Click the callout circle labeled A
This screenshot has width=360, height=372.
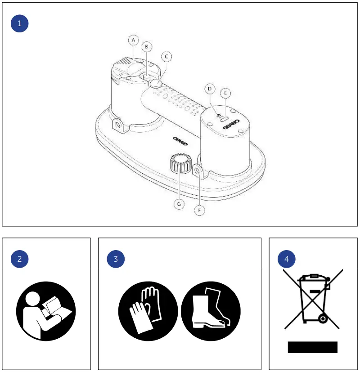[x=133, y=40]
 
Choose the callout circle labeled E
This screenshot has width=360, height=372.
[x=226, y=93]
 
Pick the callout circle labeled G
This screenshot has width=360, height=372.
[x=179, y=204]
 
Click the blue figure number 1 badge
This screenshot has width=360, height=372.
[x=19, y=23]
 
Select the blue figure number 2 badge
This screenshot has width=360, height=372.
[x=19, y=259]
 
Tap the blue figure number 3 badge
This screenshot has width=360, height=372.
[x=116, y=259]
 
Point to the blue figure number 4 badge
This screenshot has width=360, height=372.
[x=287, y=259]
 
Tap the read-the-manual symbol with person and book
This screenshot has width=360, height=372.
[x=46, y=311]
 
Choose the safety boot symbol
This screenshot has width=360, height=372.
[x=211, y=311]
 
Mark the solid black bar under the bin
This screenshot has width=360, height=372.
[x=313, y=347]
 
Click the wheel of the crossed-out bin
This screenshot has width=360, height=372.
[x=322, y=318]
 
